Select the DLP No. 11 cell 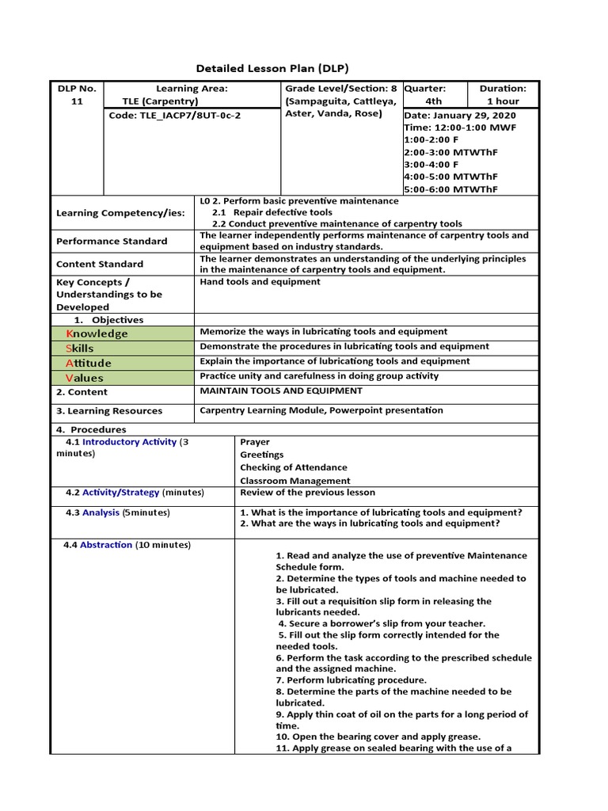pos(77,95)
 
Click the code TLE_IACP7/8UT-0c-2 pos(175,115)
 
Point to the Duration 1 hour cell pos(503,95)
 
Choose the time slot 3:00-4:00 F pos(435,164)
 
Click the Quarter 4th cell pos(434,95)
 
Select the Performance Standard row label pos(112,241)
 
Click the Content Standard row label pos(100,264)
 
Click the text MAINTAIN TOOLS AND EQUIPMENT pos(281,390)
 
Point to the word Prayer pos(255,442)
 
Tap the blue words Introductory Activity pos(129,442)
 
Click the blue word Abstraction pos(106,545)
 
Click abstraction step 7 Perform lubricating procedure pos(351,680)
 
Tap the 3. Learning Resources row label pos(109,411)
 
